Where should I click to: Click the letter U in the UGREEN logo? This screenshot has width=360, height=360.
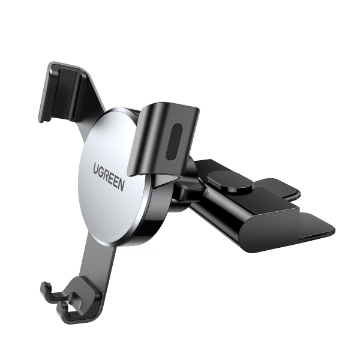(x=97, y=167)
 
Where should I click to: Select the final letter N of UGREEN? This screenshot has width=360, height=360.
(x=121, y=184)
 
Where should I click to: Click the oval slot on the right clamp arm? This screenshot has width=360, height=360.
(x=173, y=142)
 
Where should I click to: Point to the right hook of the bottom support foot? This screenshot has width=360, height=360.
(x=67, y=310)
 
